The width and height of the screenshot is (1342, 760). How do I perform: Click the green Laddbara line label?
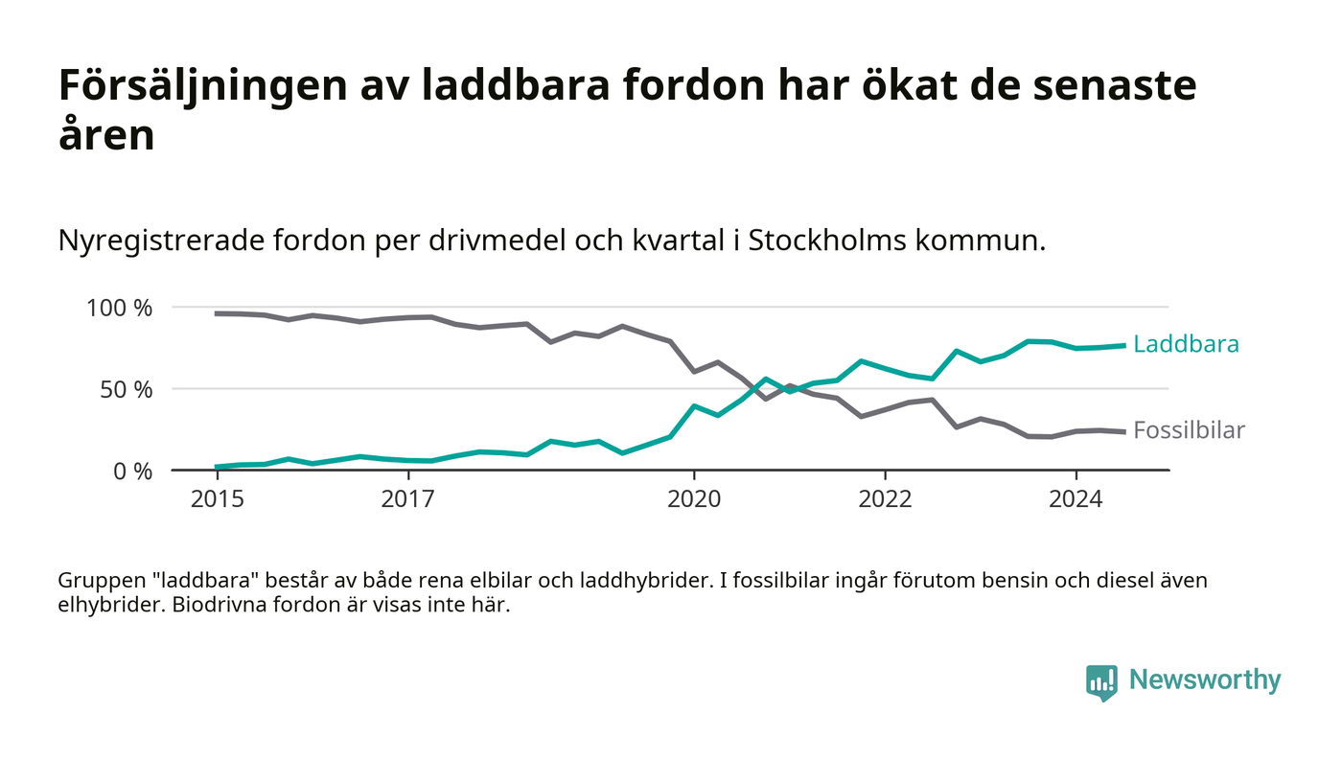(x=1186, y=344)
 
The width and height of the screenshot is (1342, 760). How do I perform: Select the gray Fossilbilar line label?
(x=1189, y=430)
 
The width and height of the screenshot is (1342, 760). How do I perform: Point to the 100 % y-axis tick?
(x=120, y=308)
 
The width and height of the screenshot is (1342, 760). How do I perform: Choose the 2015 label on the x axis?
(x=218, y=500)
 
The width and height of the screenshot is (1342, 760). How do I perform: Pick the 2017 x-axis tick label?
(x=408, y=500)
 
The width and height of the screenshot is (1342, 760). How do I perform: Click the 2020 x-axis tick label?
(x=694, y=500)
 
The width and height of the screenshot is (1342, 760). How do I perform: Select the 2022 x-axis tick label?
(x=885, y=500)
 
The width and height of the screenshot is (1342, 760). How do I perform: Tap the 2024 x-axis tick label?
(x=1076, y=500)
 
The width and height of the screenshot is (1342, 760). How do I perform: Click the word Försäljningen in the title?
(x=196, y=86)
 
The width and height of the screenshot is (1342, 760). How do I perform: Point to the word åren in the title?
(x=106, y=134)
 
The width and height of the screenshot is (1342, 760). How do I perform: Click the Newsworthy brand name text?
(x=1205, y=680)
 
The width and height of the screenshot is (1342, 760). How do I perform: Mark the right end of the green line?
(x=1123, y=345)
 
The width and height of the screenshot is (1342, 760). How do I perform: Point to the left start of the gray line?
(x=217, y=313)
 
